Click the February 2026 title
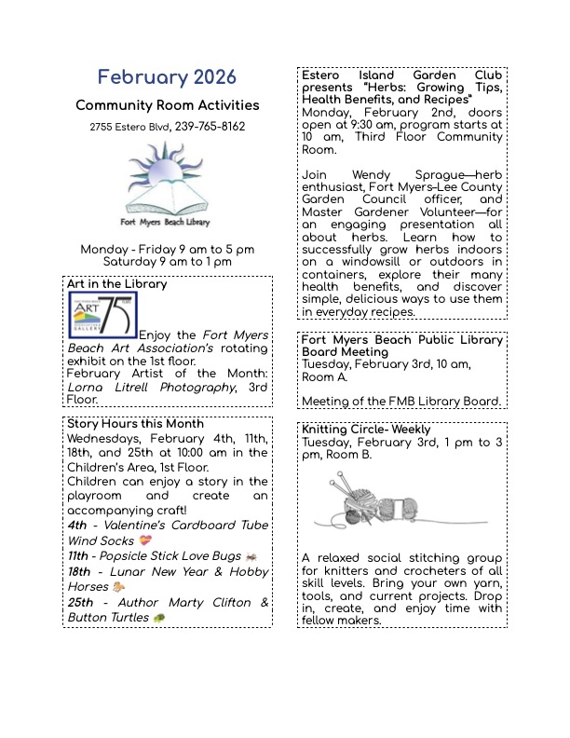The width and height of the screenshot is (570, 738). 167,77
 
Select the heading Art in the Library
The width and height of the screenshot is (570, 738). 117,284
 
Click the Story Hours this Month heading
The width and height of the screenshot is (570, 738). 135,423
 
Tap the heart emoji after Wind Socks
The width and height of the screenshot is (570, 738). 144,540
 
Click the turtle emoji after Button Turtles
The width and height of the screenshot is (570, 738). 159,618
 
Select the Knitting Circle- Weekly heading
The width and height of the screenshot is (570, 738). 366,430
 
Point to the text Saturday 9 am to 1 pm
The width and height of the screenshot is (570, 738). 167,263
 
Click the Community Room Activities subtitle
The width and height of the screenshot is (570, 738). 167,106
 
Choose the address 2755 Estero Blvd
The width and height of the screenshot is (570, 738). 129,127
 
